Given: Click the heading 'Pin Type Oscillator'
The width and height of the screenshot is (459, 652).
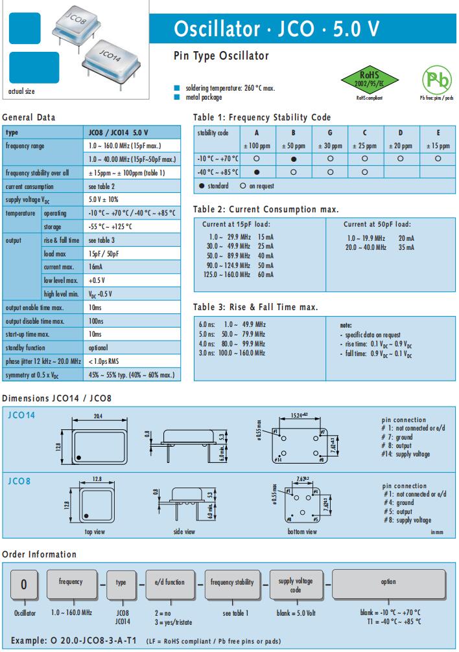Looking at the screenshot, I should pos(221,56).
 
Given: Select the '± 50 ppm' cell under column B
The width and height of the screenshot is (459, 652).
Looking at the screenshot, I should pos(294,145).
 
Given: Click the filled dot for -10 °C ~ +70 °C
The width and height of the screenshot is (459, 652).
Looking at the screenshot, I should pos(294,158).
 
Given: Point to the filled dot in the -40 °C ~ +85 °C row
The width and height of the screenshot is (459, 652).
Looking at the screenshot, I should pos(257,172).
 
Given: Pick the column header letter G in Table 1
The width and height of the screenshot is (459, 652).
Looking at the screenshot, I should pos(330,133).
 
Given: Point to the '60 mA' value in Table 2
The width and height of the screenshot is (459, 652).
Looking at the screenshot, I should pos(266,275).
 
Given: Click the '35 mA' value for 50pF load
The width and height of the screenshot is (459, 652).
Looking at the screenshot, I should pos(406,247).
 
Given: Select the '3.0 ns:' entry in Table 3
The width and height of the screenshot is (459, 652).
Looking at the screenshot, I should pos(206,353).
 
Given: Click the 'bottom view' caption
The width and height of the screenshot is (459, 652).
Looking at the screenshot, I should pos(303,532).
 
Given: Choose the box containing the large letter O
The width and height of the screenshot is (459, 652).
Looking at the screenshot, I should pos(24,585).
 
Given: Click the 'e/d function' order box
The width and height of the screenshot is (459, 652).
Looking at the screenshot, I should pos(170,582).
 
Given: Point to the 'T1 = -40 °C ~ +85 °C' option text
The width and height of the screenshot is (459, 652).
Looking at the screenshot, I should pos(390,622).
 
